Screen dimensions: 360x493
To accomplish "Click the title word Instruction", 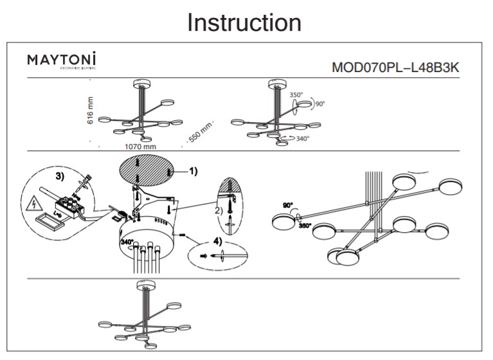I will click(x=244, y=22).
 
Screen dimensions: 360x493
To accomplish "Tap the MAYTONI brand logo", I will click(x=62, y=60).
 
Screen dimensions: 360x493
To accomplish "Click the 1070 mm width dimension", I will click(x=140, y=147).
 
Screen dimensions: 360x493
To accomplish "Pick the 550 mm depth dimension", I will click(x=199, y=132).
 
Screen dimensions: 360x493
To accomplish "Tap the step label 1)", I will click(x=192, y=172).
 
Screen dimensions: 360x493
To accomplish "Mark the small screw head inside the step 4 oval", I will click(x=204, y=256).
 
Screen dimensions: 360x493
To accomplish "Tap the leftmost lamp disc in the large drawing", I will click(x=284, y=222).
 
